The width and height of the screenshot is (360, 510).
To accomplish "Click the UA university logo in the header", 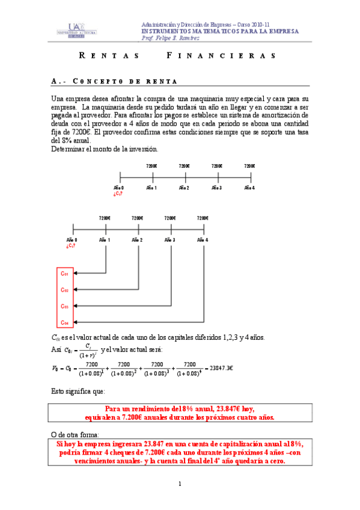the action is point(73,31).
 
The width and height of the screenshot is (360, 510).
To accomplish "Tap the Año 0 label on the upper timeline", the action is point(120,188).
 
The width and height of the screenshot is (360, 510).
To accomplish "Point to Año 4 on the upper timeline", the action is point(250,188).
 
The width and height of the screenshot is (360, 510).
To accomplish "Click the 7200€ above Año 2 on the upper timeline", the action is point(184,166).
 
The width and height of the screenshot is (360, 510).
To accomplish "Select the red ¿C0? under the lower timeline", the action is point(72,245).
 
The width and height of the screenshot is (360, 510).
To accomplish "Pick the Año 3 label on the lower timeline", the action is point(171,240).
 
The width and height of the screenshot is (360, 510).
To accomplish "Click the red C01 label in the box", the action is point(65,274).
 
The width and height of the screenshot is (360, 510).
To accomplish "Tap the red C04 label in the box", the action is point(65,324).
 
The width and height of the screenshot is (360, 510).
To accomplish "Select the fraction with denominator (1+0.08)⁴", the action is point(189,368).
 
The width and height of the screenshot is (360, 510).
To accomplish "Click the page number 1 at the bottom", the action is point(180,484).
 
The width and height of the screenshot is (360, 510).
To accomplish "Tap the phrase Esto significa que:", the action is point(78,391).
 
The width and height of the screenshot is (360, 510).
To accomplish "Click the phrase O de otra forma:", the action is point(75,435).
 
